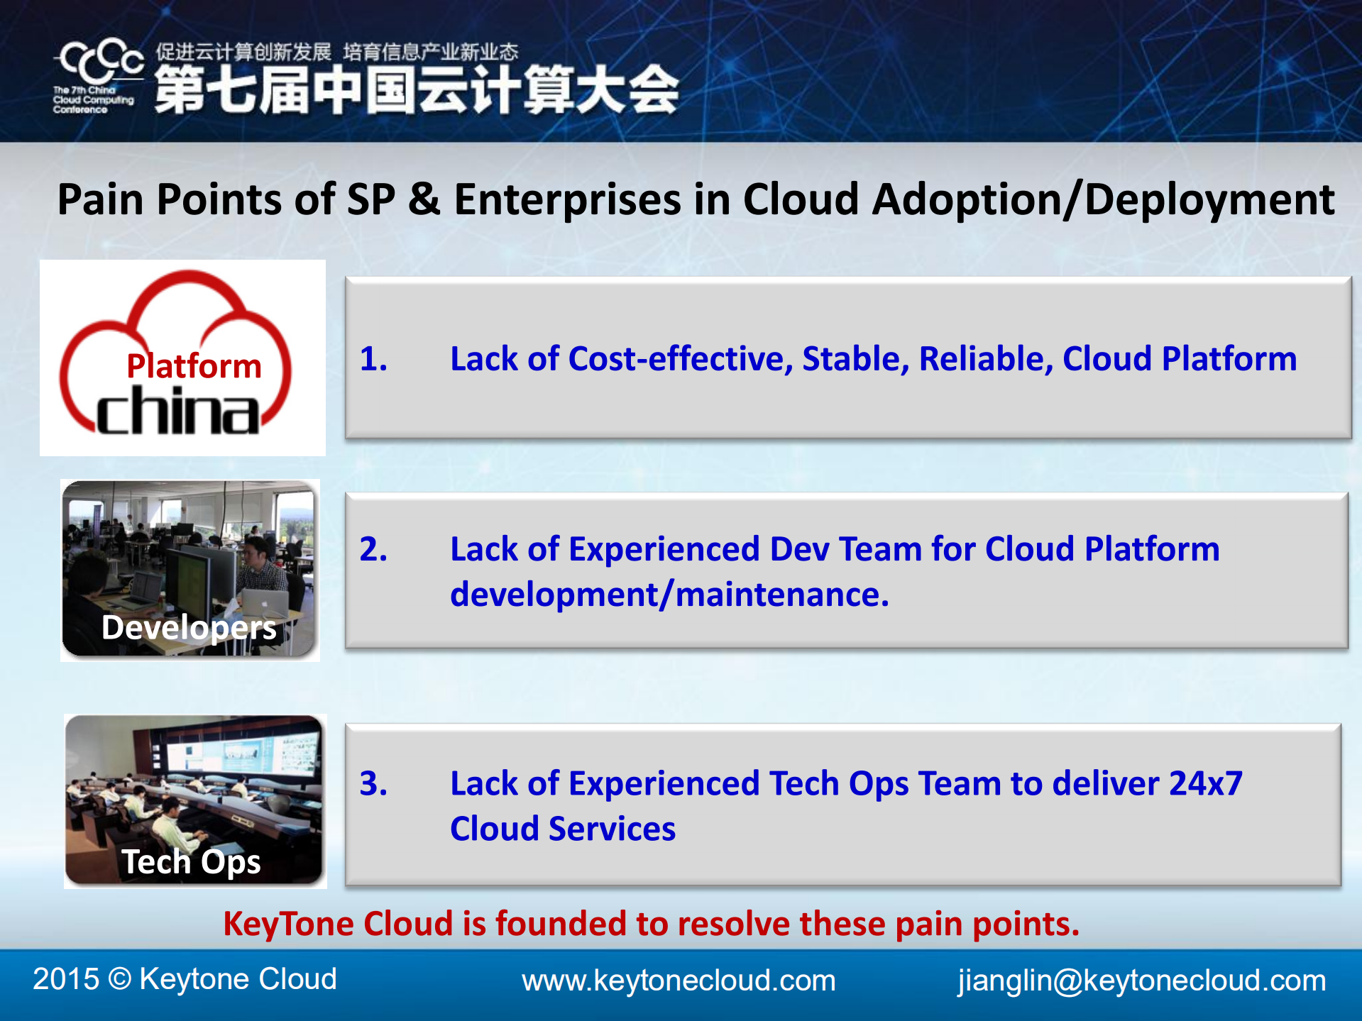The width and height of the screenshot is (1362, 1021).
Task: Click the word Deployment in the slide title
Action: [1209, 199]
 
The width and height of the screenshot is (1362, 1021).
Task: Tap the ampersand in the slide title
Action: [424, 199]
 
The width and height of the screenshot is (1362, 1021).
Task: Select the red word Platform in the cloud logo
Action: [194, 366]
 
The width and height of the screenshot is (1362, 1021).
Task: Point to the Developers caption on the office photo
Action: [189, 628]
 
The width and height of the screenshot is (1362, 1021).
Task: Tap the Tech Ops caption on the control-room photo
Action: [191, 862]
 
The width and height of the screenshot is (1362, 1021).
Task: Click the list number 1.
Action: [373, 358]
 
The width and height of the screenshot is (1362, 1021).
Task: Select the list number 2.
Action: [373, 549]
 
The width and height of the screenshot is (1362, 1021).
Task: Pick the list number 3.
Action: [373, 783]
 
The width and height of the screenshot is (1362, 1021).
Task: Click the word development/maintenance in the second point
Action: [669, 595]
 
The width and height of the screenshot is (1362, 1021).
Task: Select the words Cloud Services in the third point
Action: [563, 829]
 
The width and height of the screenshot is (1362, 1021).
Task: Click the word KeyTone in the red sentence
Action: [289, 924]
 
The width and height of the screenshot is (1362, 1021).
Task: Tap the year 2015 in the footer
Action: [66, 979]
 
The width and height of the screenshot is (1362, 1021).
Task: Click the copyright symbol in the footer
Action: [120, 979]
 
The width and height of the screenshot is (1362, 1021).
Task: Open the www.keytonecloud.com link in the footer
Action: [679, 981]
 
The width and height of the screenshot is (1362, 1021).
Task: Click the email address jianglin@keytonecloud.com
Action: [1141, 981]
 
